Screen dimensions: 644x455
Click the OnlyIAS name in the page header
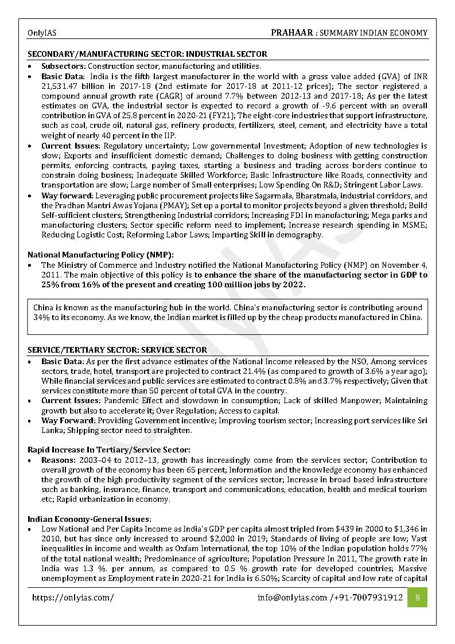tap(42, 33)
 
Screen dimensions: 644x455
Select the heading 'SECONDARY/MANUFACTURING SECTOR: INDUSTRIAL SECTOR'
tap(147, 54)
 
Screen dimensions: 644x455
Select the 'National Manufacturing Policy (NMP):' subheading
tap(100, 255)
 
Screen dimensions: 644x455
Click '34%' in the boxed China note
tap(41, 317)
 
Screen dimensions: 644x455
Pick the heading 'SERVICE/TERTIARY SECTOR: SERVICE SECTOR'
tap(117, 350)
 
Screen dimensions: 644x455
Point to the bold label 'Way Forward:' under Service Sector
tap(67, 420)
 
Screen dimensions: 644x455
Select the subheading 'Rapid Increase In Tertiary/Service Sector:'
tap(109, 450)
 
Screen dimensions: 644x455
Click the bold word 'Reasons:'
tap(58, 460)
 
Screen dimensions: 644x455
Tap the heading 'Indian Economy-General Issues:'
tap(90, 518)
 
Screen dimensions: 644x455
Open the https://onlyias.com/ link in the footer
tap(73, 598)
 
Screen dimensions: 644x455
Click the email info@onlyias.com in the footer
tap(292, 598)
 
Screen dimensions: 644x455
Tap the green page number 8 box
tap(417, 598)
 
